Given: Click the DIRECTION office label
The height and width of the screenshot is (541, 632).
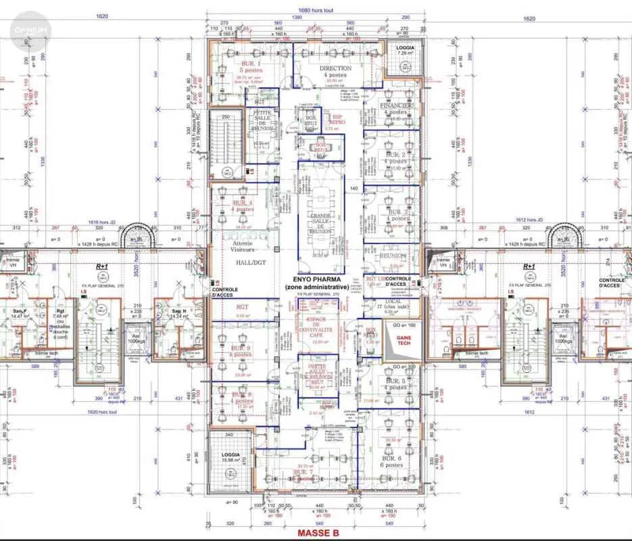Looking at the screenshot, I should pos(335,69).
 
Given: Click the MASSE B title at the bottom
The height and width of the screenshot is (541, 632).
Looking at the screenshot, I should pos(318,533).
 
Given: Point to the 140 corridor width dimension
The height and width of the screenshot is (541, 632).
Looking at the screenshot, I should pos(353,188).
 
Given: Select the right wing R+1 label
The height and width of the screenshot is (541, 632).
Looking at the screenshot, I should pos(529,267).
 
